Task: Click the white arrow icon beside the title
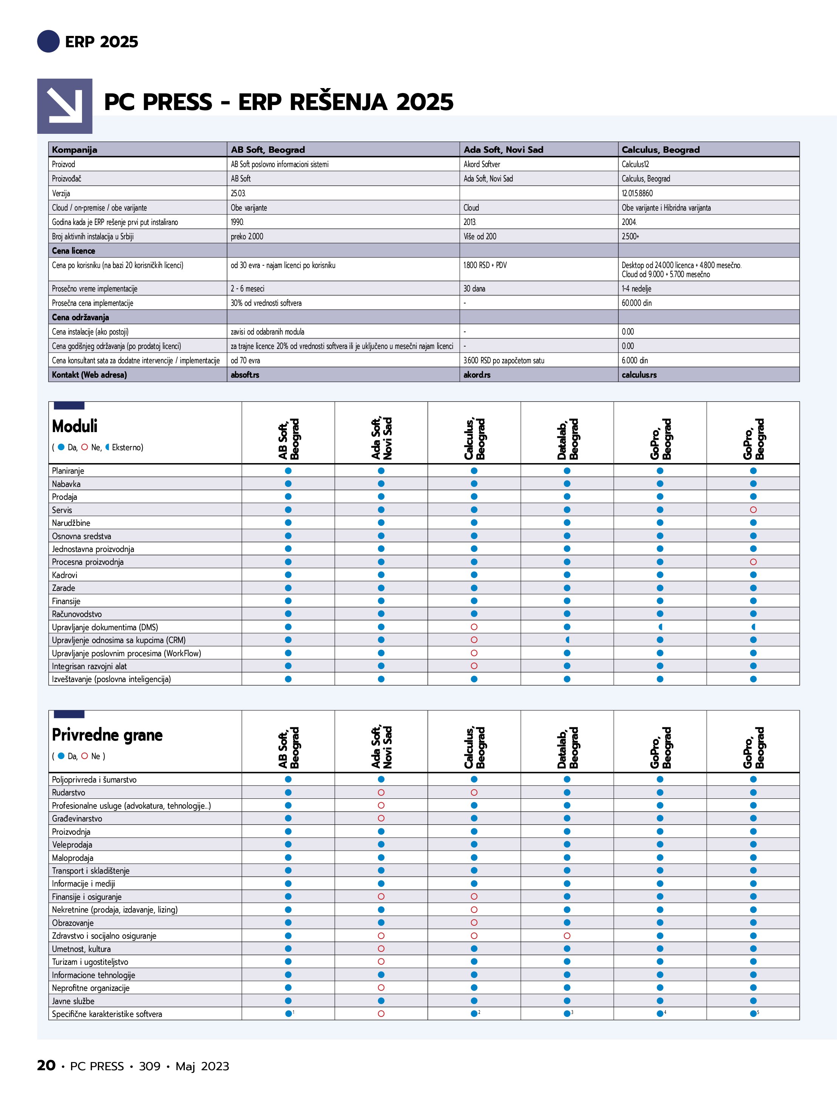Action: [65, 106]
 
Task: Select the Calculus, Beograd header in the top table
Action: [660, 149]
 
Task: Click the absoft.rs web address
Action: [245, 375]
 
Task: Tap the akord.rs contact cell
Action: [477, 375]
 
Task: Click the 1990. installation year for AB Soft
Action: [237, 222]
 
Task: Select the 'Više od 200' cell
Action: [480, 236]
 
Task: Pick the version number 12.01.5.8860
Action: [637, 193]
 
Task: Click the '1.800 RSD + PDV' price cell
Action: [485, 265]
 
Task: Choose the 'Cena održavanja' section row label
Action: [80, 317]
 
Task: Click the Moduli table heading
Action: [75, 426]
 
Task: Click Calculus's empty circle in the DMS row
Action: [474, 627]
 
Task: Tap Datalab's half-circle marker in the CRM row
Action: [567, 640]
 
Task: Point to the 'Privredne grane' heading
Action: [107, 735]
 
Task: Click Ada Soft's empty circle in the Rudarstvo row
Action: [381, 792]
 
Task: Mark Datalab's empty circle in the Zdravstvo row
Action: [567, 936]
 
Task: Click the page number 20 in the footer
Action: [46, 1066]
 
